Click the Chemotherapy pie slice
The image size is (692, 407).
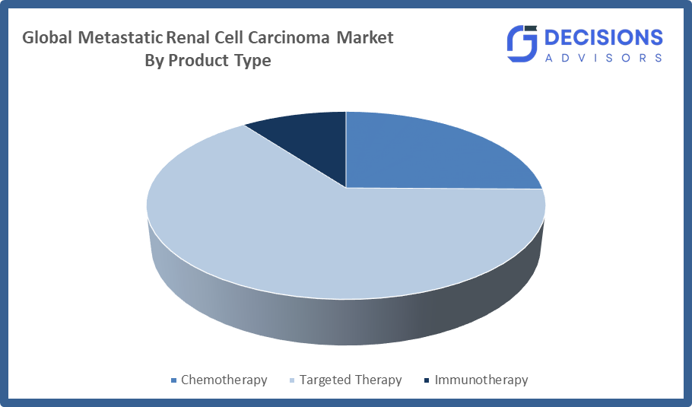tap(424, 154)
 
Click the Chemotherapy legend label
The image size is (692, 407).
tap(224, 380)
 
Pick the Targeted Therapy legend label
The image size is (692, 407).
tap(351, 380)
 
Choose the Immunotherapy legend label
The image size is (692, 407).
tap(481, 380)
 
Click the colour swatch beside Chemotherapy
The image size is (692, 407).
tap(174, 380)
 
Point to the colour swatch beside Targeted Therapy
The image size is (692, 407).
tap(292, 380)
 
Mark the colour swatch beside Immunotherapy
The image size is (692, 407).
tap(427, 380)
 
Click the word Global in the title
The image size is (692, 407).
tap(47, 37)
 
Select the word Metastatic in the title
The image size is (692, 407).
tap(120, 37)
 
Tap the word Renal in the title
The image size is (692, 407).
tap(188, 37)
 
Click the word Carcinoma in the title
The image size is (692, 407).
tap(289, 37)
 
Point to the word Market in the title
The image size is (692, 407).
tap(365, 37)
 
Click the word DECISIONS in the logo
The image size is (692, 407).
tap(604, 37)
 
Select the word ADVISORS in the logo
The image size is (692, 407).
tap(604, 58)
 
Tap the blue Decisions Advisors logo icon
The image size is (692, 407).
tap(522, 43)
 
